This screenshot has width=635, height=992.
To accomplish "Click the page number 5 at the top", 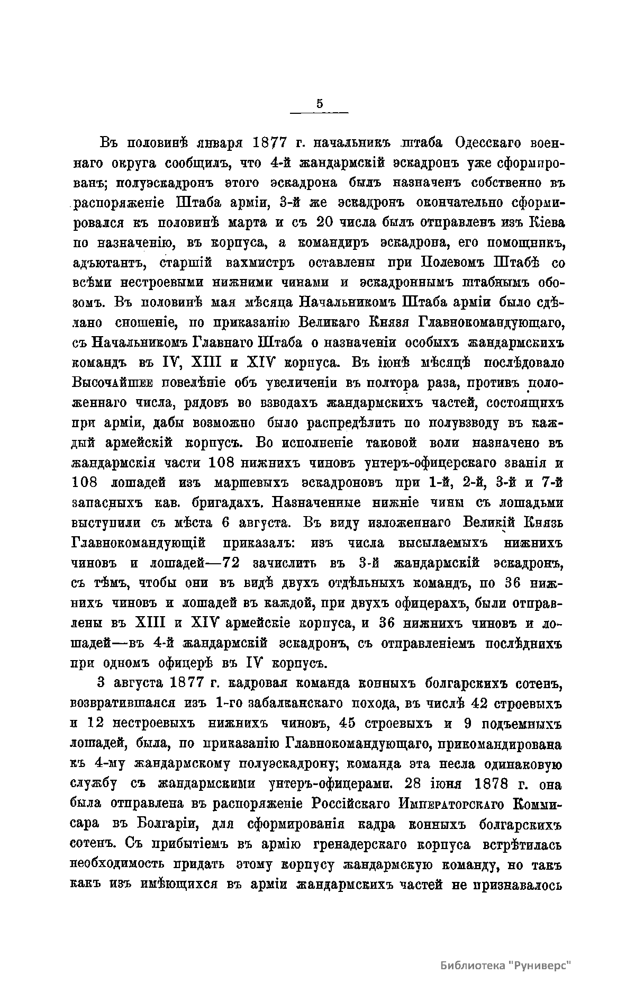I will point(320,104).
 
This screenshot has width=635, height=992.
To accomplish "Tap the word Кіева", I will point(547,223).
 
